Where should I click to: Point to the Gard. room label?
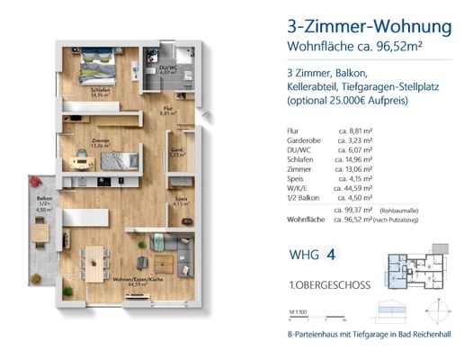[x=177, y=152]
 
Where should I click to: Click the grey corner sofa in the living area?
[x=176, y=247]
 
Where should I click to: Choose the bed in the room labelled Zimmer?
[x=119, y=162]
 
